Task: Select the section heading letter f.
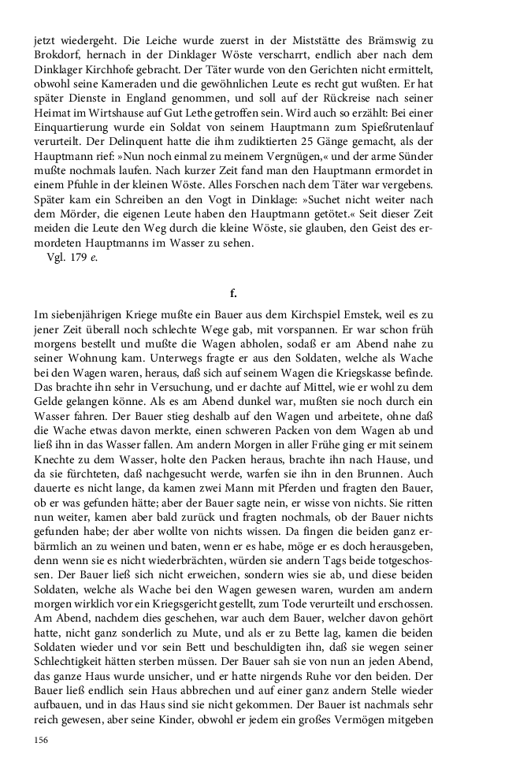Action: (233, 294)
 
